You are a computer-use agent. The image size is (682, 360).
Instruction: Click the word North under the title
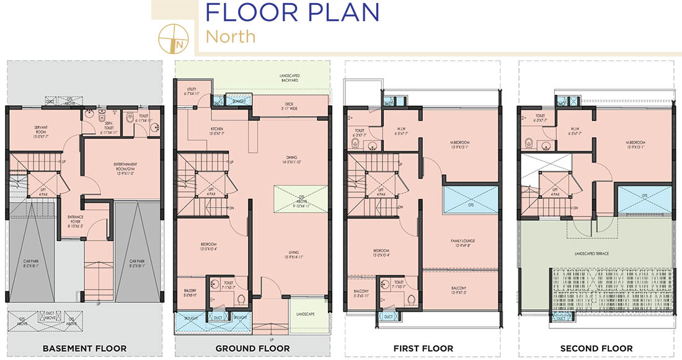(x=230, y=37)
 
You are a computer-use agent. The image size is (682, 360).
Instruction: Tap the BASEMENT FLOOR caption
(x=85, y=348)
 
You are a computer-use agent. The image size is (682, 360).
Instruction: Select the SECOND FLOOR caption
(x=596, y=348)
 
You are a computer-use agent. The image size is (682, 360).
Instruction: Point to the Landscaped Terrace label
(x=596, y=253)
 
